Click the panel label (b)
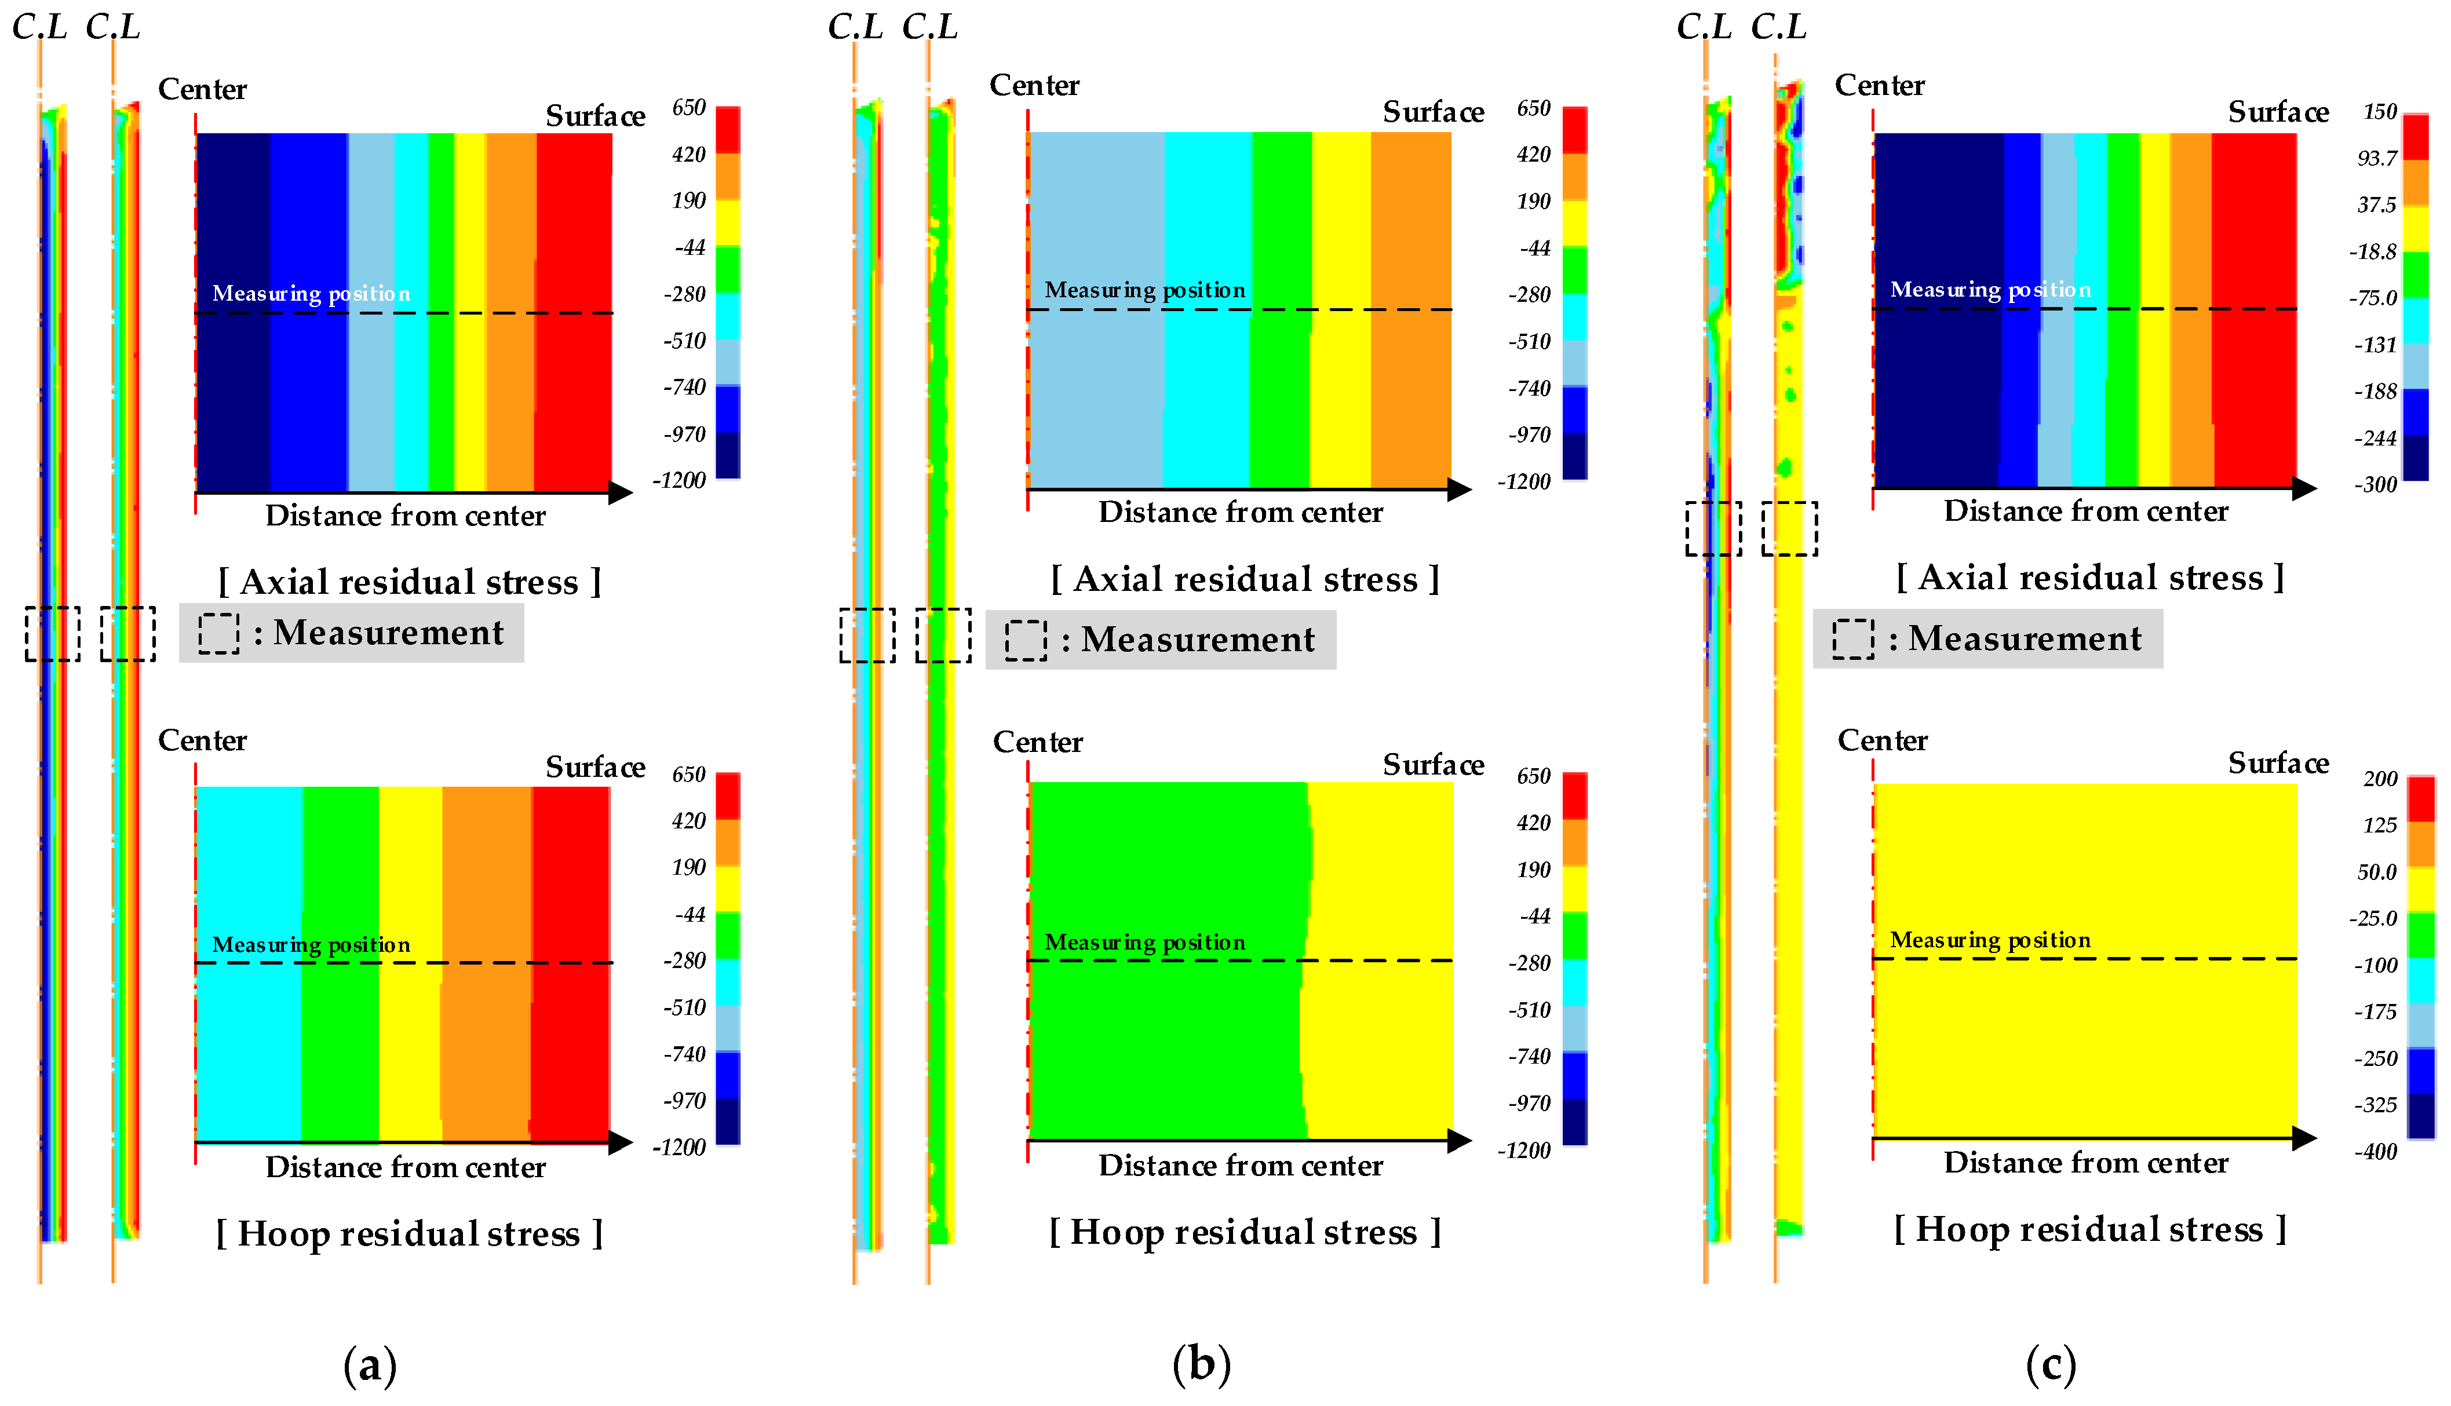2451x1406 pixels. tap(1201, 1364)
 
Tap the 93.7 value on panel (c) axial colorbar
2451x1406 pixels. tap(2377, 158)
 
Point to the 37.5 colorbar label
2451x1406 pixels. tap(2377, 204)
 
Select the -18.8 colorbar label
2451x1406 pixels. tap(2373, 252)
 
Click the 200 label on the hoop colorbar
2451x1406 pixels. tap(2380, 779)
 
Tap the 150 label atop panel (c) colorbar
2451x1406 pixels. tap(2380, 112)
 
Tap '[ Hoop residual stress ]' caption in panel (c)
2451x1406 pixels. tap(2090, 1229)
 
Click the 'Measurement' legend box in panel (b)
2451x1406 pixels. tap(1161, 639)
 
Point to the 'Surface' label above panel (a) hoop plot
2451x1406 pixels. tap(595, 767)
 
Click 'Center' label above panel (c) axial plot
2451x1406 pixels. tap(1879, 86)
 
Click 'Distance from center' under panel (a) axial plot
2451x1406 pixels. tap(406, 516)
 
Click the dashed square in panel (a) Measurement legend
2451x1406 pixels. tap(219, 633)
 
